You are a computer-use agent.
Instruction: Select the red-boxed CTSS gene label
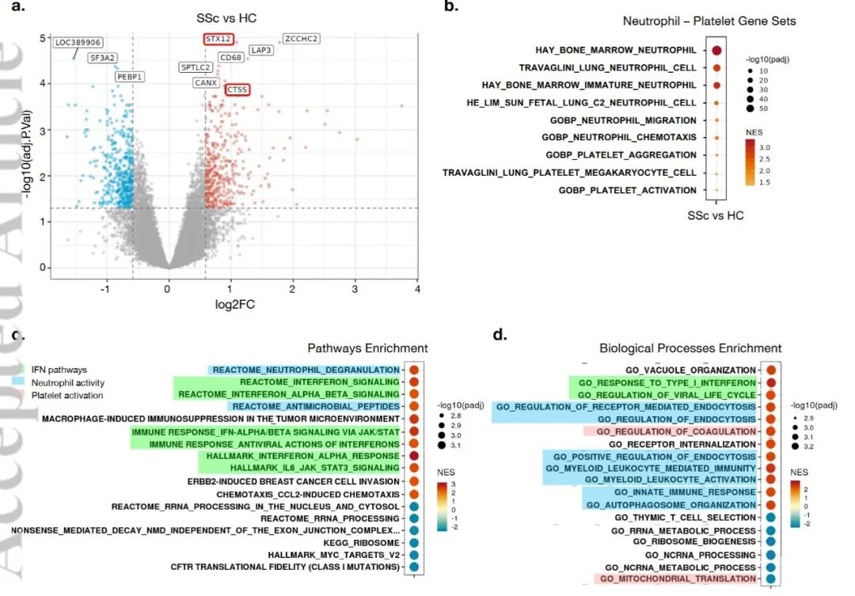click(x=237, y=90)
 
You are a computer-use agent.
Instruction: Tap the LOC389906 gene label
click(x=78, y=42)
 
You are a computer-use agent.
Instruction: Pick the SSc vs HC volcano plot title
click(x=226, y=17)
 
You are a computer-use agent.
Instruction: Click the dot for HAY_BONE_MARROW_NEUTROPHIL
click(x=716, y=51)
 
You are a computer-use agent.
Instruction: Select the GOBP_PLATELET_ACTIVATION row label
click(x=627, y=190)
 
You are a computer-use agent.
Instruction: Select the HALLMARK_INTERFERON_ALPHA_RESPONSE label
click(x=303, y=456)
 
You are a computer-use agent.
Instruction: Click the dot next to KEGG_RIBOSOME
click(x=413, y=543)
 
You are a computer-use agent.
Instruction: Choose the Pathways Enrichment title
click(x=367, y=348)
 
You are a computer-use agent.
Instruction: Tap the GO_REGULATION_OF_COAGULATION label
click(x=676, y=431)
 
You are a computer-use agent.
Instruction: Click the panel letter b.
click(x=451, y=7)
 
